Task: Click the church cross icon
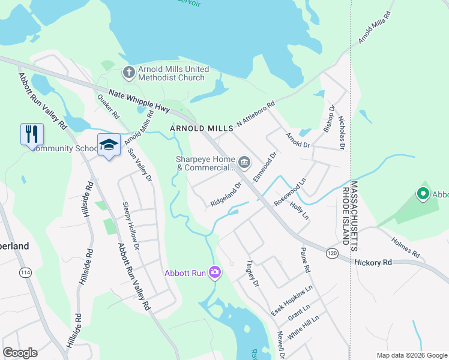[128, 73]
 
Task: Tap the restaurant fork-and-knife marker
[32, 134]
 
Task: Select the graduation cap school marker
[109, 145]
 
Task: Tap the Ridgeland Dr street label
[226, 195]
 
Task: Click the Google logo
[20, 353]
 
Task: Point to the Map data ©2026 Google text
[411, 355]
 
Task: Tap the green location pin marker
[423, 194]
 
